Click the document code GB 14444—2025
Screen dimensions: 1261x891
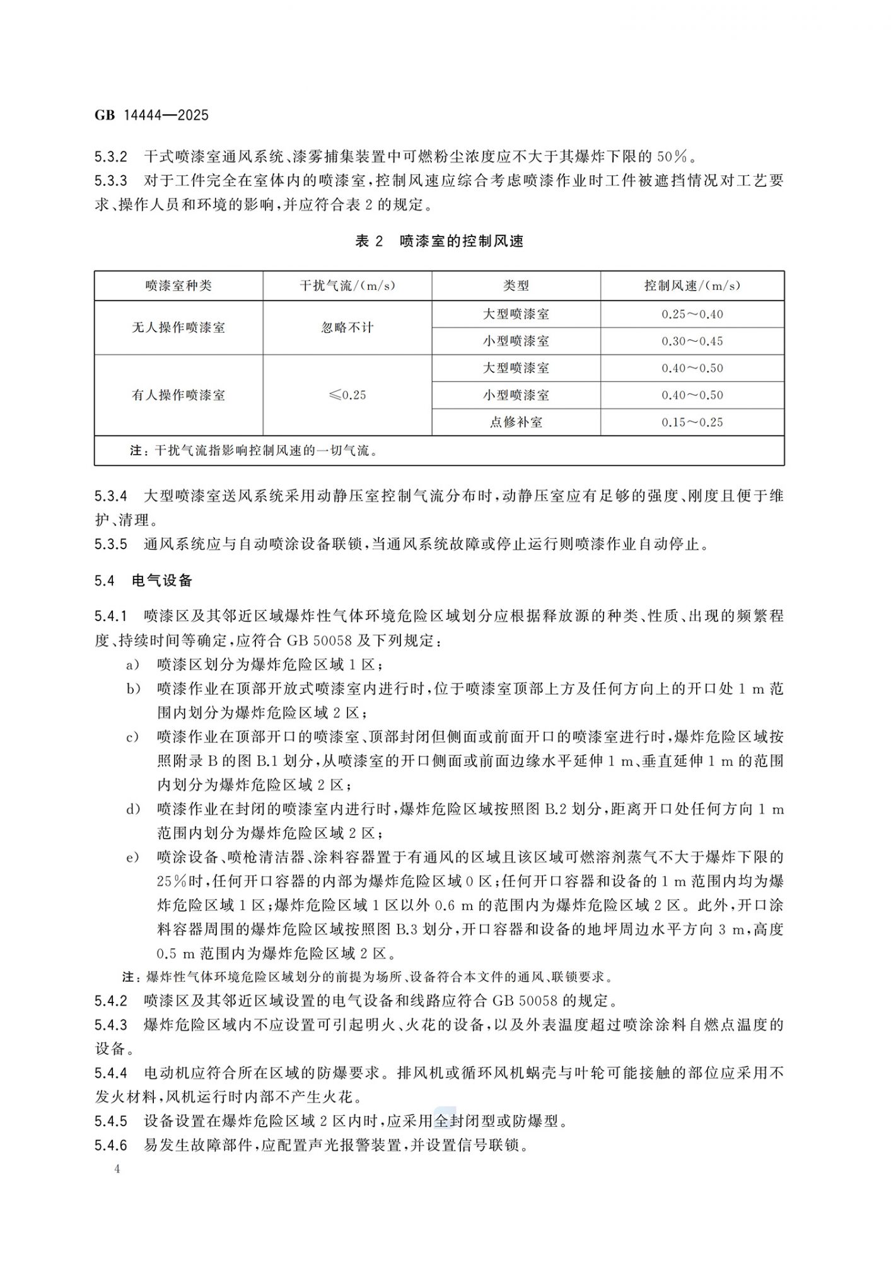click(151, 115)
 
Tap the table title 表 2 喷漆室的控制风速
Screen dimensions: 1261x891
click(439, 241)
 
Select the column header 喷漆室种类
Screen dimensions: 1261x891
click(178, 286)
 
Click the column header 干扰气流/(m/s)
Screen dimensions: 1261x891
click(347, 286)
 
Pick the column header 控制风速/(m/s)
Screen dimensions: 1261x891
click(692, 286)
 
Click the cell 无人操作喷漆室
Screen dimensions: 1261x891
click(178, 327)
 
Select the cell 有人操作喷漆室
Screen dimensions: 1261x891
click(178, 395)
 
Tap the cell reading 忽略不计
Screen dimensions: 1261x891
click(347, 327)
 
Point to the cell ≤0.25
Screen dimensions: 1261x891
click(347, 395)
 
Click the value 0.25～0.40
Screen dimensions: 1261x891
click(692, 314)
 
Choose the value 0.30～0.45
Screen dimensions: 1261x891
click(692, 341)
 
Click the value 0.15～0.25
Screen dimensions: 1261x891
click(692, 422)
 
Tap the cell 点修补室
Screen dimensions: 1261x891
click(516, 422)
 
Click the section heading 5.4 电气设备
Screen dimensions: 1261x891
click(143, 581)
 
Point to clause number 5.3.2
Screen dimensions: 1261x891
click(111, 156)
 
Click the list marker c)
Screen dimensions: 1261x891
click(132, 736)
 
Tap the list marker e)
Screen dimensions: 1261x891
click(132, 857)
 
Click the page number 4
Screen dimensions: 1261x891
click(117, 1169)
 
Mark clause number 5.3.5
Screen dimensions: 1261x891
click(111, 544)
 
